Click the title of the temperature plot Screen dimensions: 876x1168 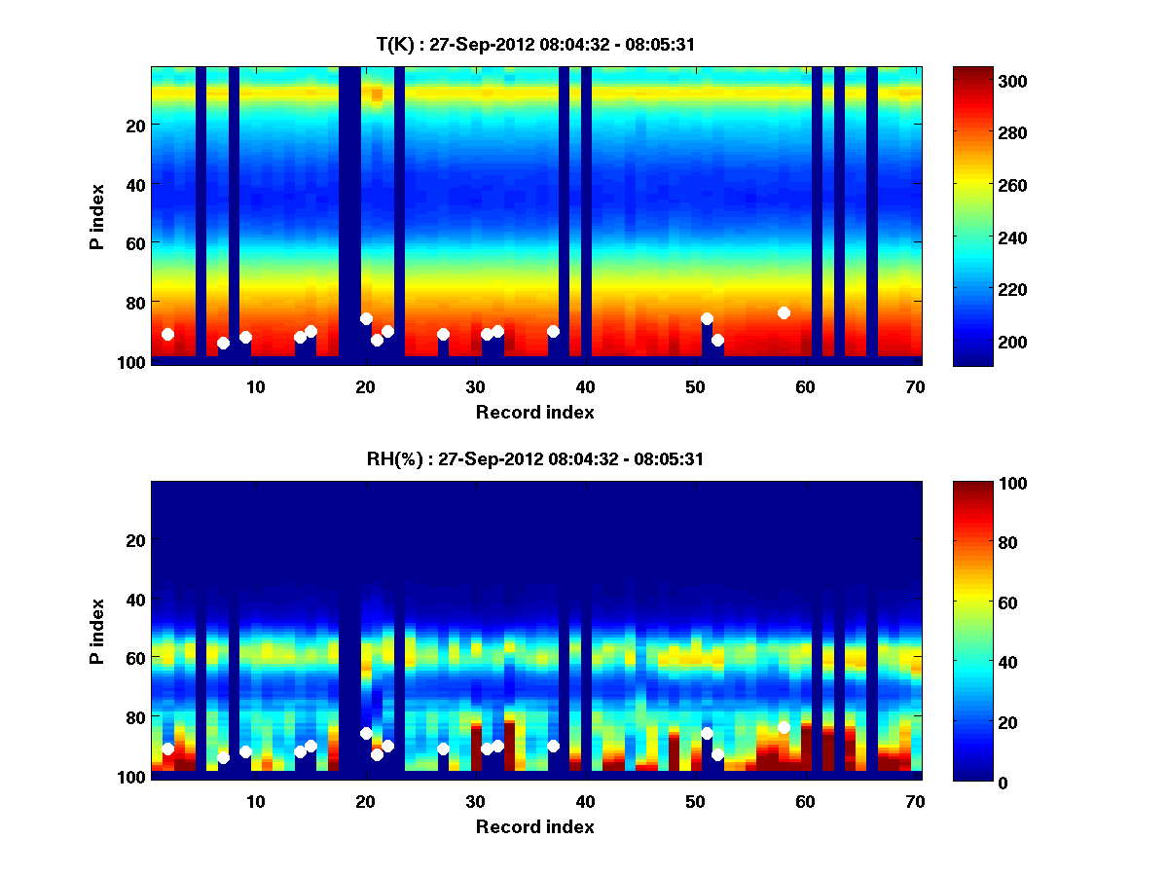[x=534, y=44]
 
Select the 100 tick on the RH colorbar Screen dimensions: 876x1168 [x=979, y=484]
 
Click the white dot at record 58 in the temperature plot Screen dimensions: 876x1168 [x=784, y=312]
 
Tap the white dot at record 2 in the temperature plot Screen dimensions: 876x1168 [x=167, y=334]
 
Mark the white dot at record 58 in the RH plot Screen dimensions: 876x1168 [x=784, y=727]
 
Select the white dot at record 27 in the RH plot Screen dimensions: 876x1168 [x=443, y=748]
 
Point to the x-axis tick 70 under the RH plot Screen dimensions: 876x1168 [x=915, y=801]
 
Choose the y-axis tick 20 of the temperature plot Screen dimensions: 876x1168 [x=134, y=125]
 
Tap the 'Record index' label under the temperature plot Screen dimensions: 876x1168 [x=534, y=412]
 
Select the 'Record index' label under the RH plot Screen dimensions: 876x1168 [x=534, y=826]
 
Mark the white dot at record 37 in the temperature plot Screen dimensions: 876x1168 [x=553, y=331]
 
